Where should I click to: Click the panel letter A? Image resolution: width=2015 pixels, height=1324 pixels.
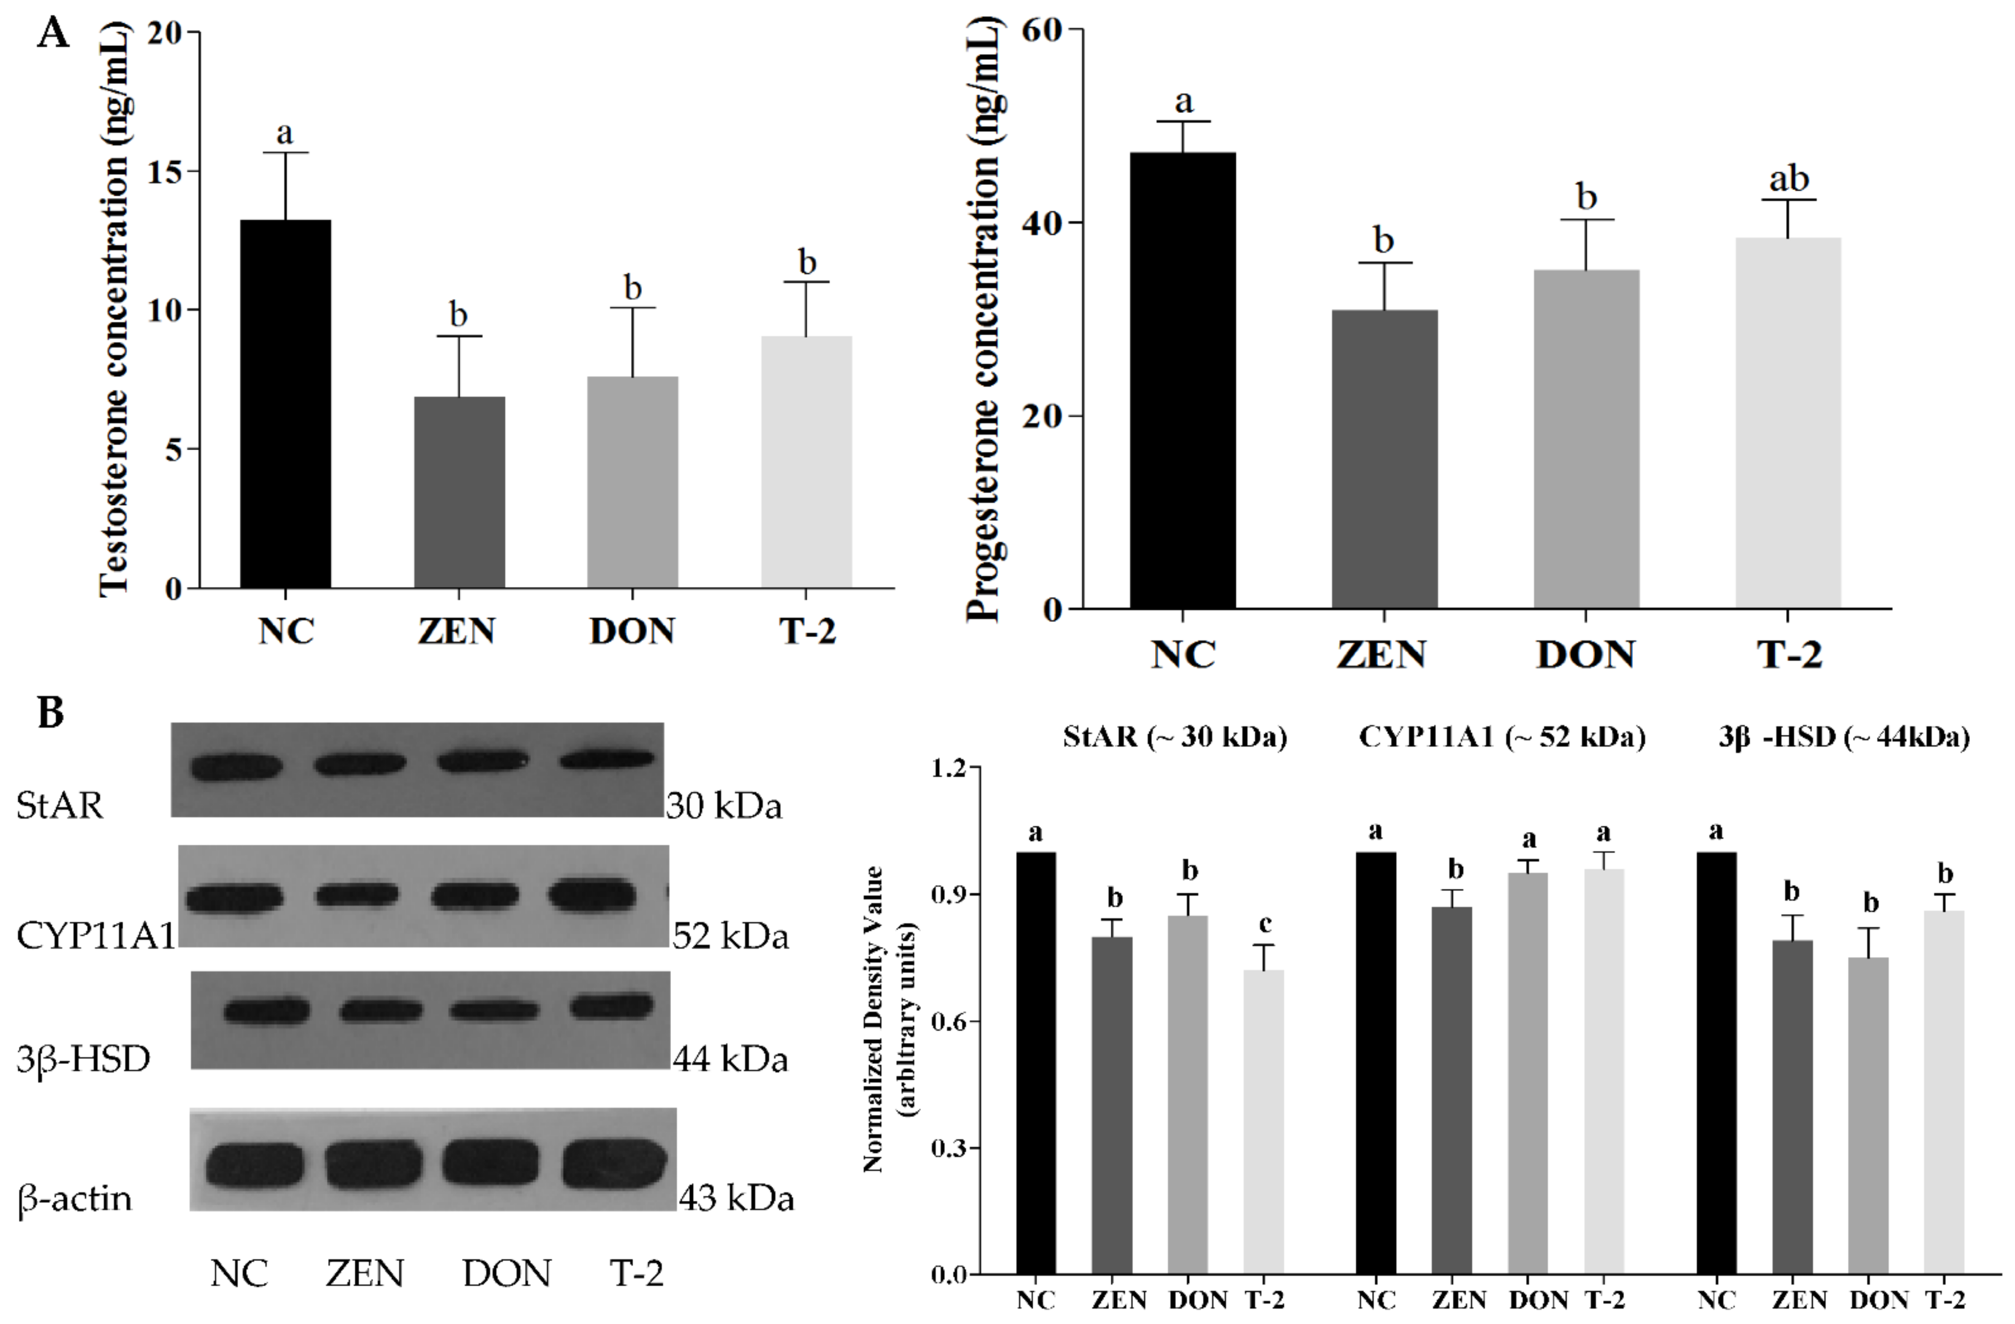53,35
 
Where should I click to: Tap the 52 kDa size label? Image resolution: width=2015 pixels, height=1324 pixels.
730,936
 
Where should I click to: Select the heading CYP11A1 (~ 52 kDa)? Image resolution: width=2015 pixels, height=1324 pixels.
1502,736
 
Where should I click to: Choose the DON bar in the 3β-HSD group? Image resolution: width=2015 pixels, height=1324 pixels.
1868,1115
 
